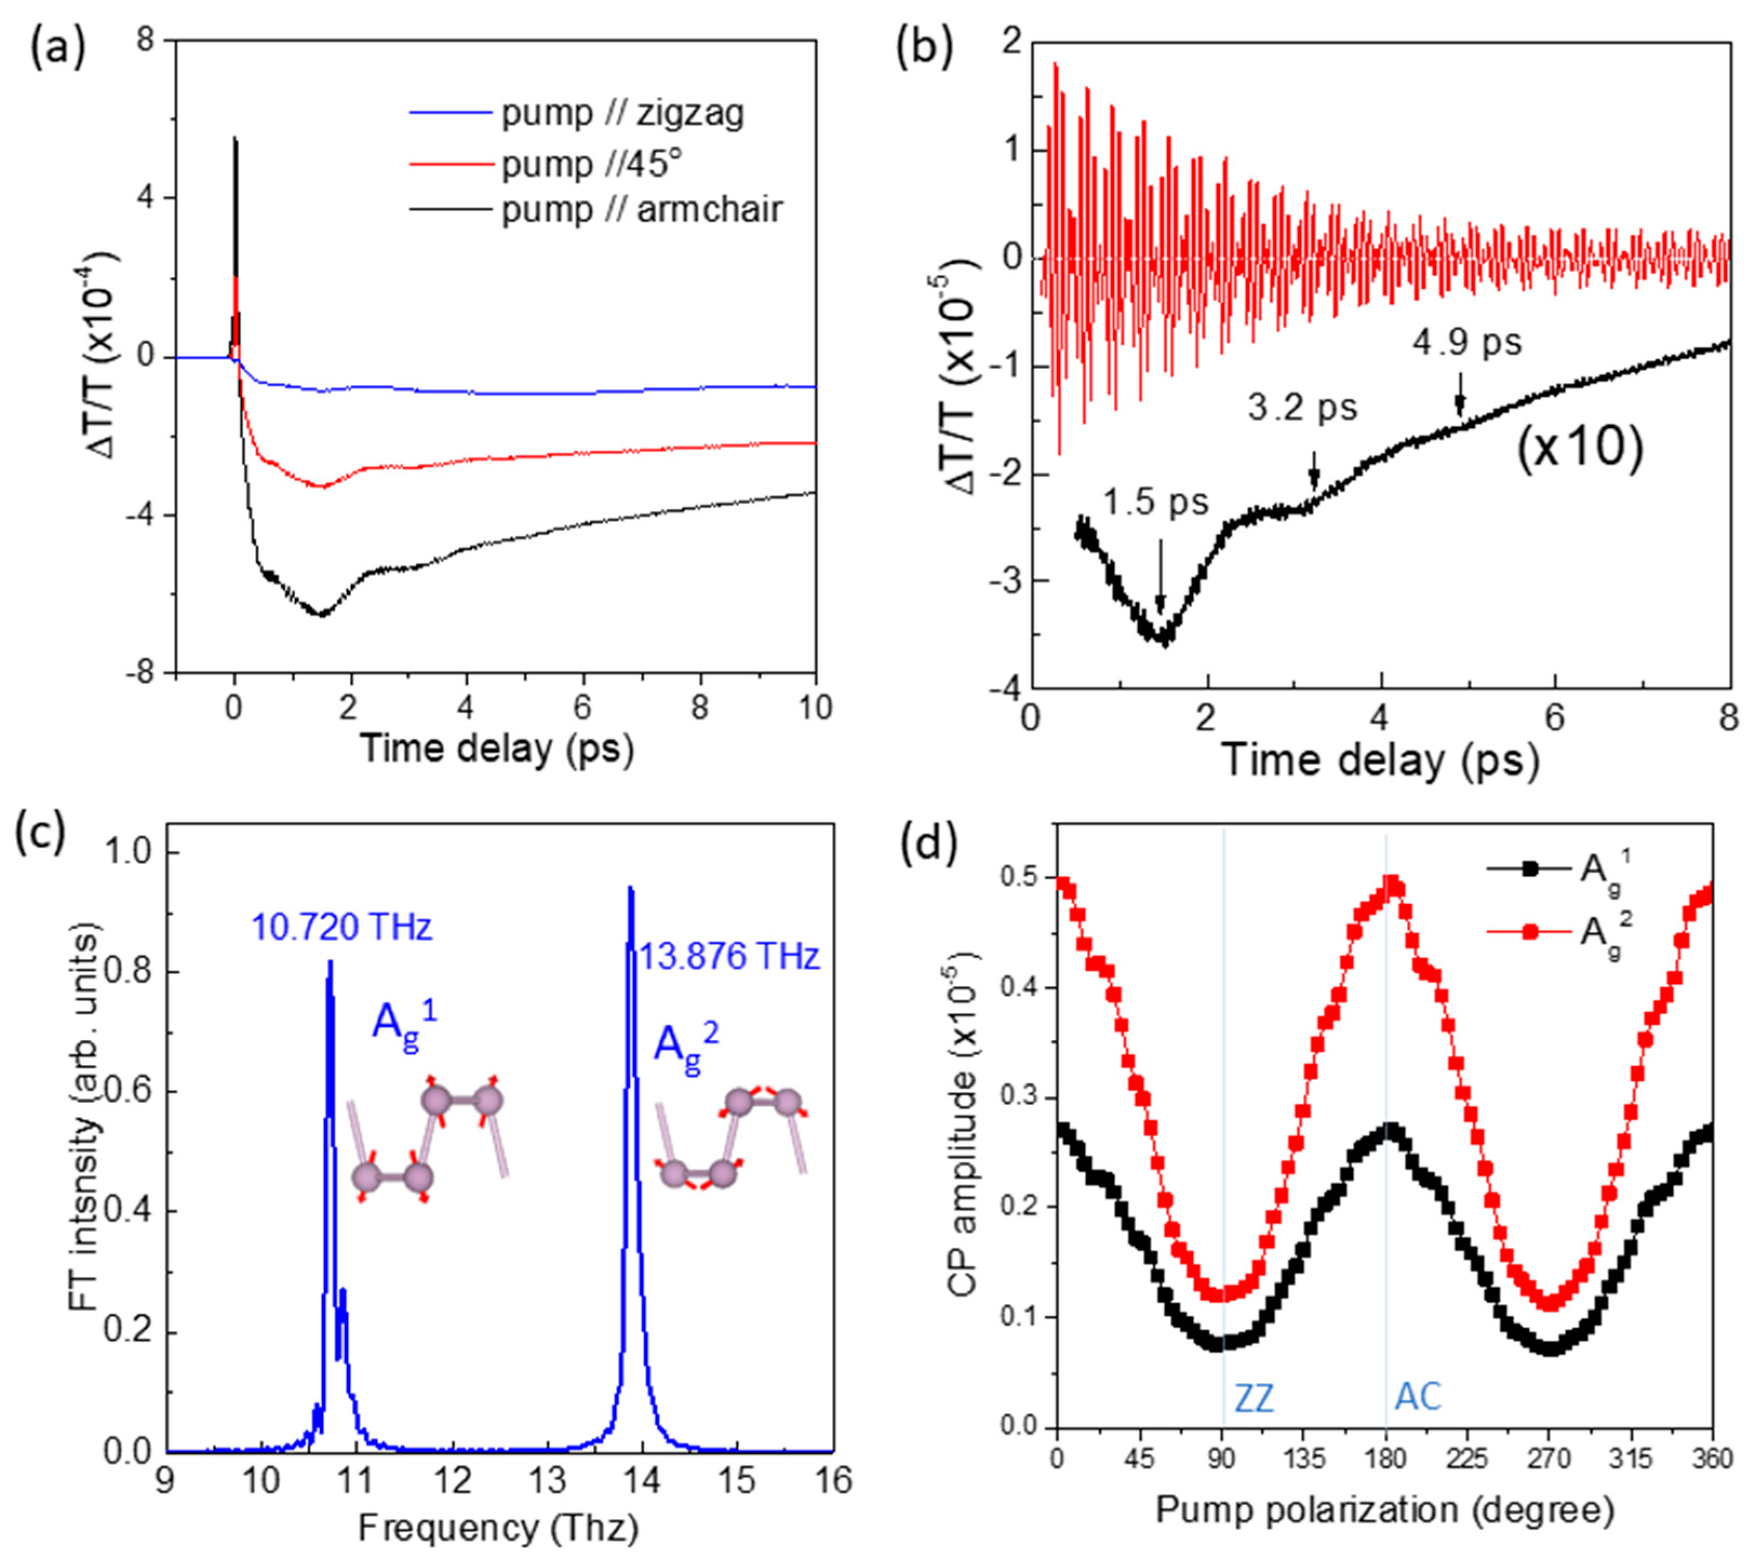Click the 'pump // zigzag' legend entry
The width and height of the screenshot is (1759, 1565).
coord(622,113)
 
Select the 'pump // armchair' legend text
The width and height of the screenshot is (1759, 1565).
coord(642,209)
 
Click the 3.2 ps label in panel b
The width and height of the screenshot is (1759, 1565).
coord(1302,407)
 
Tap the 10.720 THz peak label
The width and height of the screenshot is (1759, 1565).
coord(341,927)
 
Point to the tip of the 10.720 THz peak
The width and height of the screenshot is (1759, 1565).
coord(330,962)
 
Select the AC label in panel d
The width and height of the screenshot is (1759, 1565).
coord(1418,1397)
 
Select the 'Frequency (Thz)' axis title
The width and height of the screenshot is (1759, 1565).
coord(498,1528)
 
